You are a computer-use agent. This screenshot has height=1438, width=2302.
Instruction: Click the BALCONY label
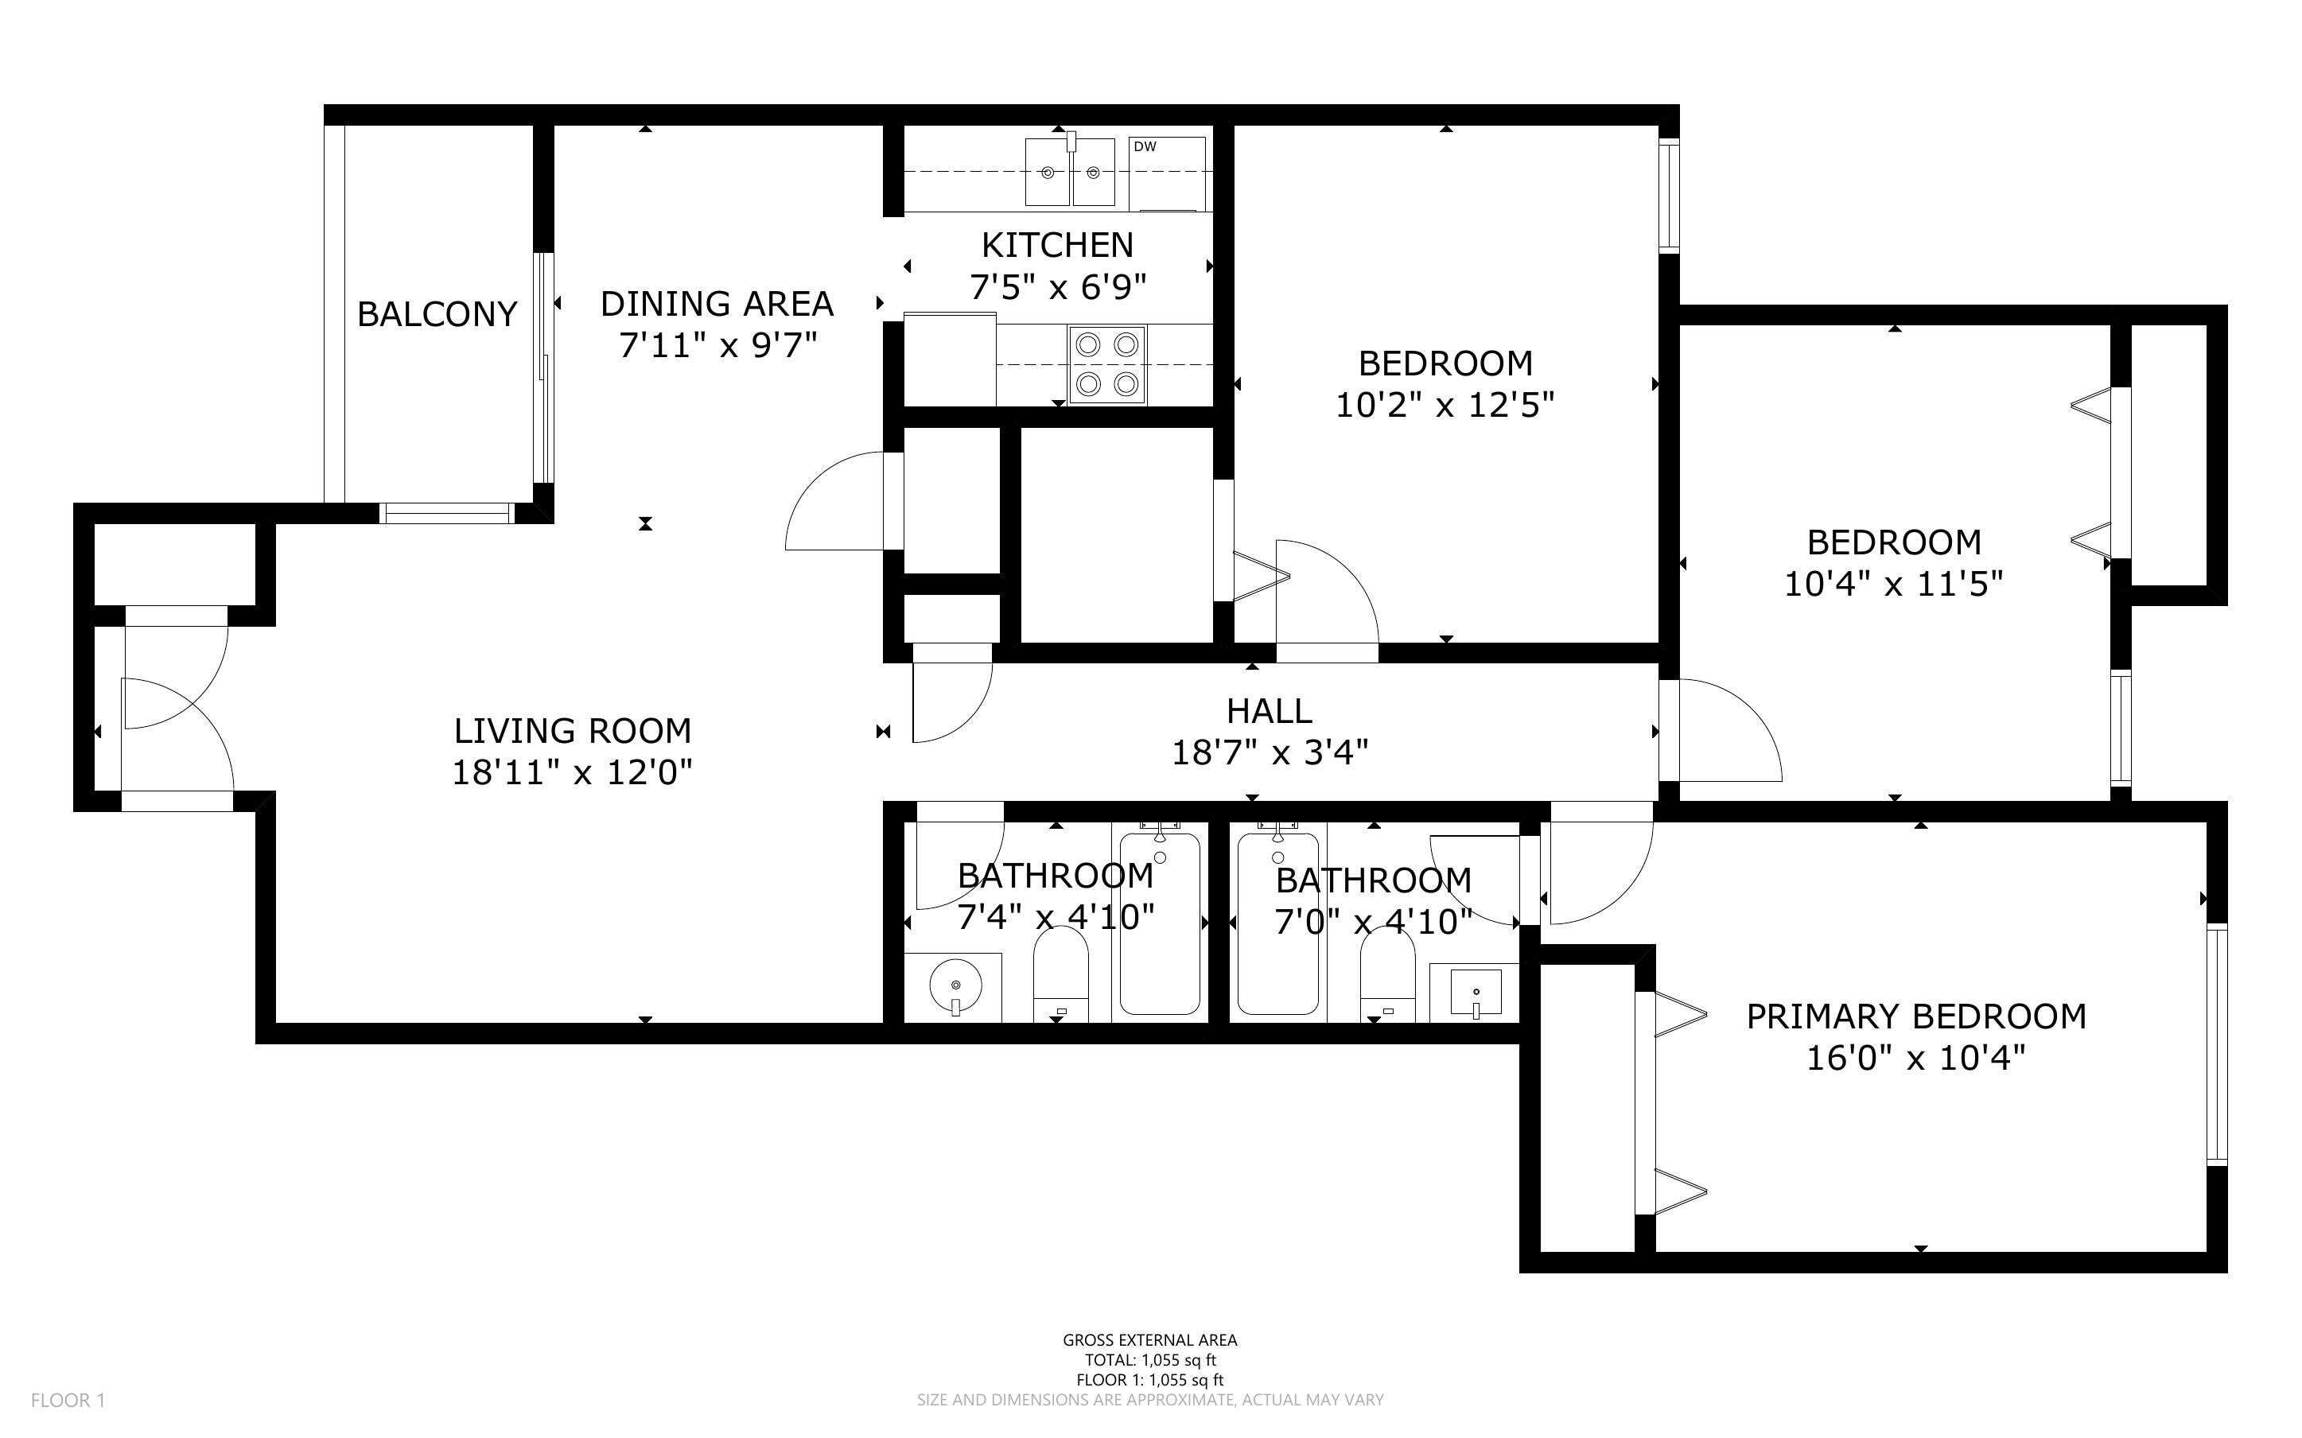coord(437,314)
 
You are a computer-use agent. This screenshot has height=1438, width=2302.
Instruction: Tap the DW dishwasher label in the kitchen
coord(1145,146)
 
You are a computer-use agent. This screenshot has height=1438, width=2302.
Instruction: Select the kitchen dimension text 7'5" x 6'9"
coord(1057,286)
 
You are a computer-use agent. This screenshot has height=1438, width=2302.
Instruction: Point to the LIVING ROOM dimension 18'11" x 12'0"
coord(571,772)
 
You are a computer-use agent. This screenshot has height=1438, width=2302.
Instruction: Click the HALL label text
coord(1269,710)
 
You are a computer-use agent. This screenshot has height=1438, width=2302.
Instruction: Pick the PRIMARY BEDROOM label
coord(1916,1016)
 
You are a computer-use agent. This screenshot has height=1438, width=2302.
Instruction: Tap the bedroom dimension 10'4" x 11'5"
coord(1893,584)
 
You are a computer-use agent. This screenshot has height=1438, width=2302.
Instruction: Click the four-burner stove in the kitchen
coord(1106,364)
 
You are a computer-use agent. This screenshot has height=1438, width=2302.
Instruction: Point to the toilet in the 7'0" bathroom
coord(1387,976)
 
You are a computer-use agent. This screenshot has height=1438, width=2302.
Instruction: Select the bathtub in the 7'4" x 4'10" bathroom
coord(1160,923)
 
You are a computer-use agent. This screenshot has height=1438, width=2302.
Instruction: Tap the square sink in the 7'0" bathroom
coord(1476,993)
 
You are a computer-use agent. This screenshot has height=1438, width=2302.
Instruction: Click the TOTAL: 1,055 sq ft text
coord(1150,1360)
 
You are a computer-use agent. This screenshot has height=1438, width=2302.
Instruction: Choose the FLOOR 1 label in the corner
coord(68,1400)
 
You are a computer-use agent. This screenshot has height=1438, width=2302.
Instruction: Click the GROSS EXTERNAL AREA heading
coord(1150,1340)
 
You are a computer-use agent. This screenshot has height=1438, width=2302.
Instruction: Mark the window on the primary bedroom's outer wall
coord(2216,1044)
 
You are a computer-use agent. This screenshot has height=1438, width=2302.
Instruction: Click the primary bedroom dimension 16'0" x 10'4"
coord(1916,1058)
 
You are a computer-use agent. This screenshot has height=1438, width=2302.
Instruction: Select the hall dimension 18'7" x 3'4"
coord(1270,753)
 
